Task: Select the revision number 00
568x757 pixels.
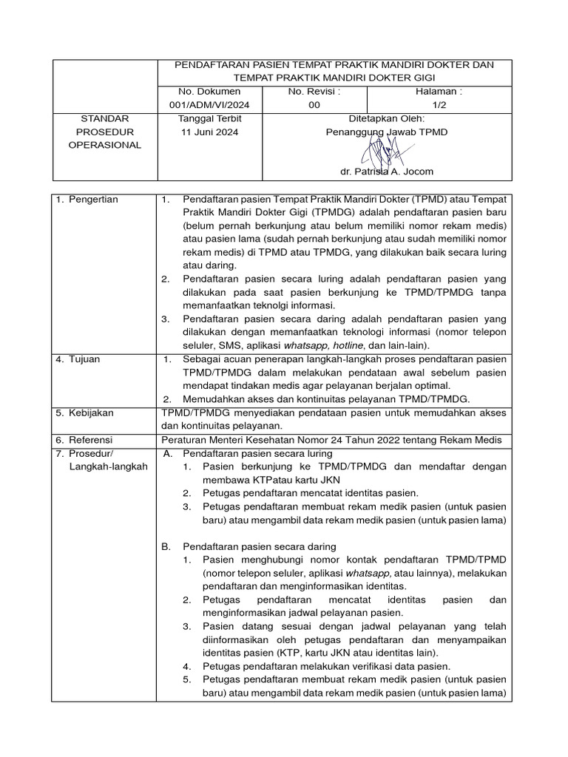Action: [x=314, y=105]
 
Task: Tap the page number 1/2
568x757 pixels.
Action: [x=439, y=105]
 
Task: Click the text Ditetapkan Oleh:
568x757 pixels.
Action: [x=386, y=118]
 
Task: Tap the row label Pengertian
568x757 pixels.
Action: [x=93, y=200]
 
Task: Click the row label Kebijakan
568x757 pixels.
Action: [x=89, y=412]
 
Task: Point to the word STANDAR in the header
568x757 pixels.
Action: [x=104, y=118]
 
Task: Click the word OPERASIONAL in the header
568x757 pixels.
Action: [x=104, y=145]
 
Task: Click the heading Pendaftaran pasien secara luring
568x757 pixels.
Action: [x=257, y=452]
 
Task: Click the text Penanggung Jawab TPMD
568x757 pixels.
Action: [x=386, y=132]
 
